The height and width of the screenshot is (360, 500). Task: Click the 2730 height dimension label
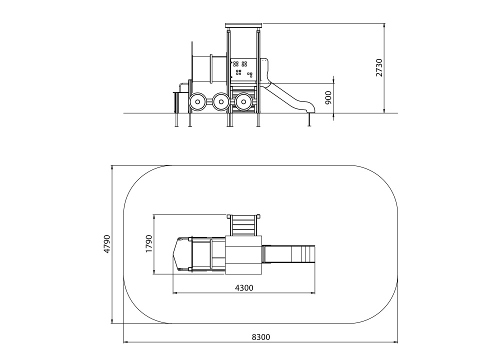point(379,67)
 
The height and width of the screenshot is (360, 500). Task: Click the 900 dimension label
point(328,97)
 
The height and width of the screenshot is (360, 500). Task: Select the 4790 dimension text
point(107,244)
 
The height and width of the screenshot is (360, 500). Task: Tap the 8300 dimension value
point(261,337)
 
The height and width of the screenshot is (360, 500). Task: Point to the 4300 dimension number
point(244,288)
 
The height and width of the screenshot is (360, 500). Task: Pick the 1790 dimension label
point(149,244)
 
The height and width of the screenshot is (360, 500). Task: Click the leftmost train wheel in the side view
point(197,102)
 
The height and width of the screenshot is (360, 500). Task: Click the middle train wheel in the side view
point(220,102)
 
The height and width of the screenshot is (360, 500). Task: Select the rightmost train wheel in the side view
point(243,102)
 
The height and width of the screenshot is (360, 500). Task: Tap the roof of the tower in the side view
point(243,25)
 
